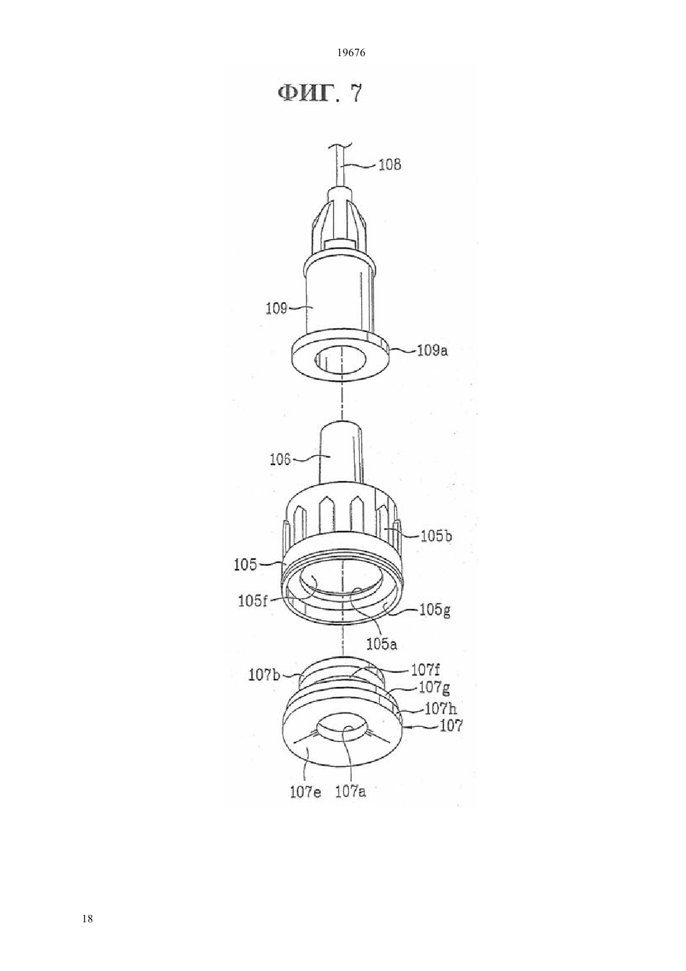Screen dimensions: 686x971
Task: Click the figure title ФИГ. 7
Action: point(319,93)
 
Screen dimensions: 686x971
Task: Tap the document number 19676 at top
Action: point(350,53)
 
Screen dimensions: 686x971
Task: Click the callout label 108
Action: point(390,165)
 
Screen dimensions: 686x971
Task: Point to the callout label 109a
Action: point(432,350)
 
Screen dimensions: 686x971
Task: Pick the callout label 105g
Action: point(435,611)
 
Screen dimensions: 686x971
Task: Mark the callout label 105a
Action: point(382,644)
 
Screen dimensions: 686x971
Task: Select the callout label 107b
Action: point(264,675)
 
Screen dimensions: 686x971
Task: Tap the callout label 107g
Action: point(434,688)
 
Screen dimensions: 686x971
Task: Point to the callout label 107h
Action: point(441,709)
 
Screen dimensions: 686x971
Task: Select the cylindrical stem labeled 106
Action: point(341,452)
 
